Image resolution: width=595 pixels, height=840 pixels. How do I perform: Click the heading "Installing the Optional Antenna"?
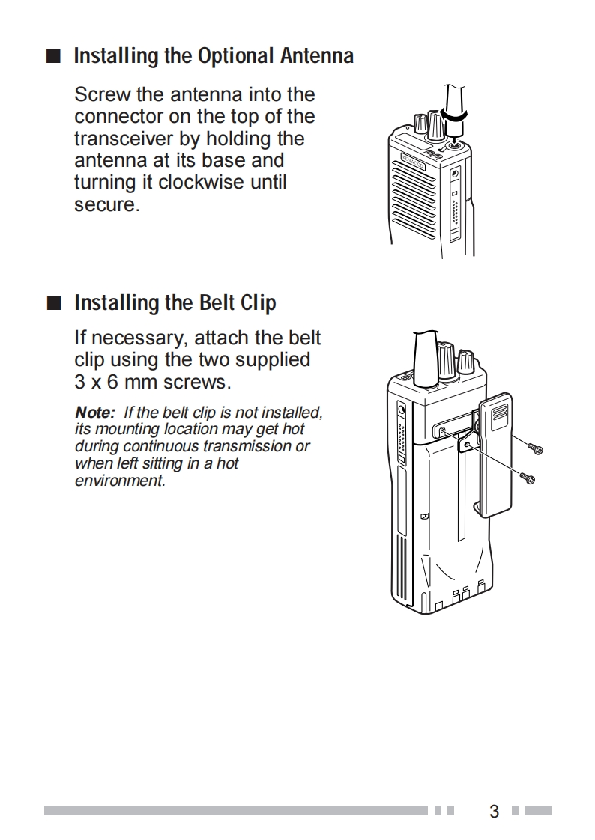coord(214,56)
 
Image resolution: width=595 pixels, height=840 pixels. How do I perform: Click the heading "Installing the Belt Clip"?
coord(175,303)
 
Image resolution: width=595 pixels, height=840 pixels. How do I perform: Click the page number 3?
coord(494,811)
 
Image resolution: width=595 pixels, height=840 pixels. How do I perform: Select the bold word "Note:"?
coord(95,413)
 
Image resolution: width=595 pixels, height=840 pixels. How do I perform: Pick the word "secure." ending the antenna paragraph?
coord(107,204)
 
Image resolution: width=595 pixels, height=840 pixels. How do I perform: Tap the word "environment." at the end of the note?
coord(120,481)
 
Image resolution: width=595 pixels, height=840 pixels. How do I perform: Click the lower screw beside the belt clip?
coord(528,477)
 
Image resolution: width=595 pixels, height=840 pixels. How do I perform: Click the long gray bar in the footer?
coord(235,810)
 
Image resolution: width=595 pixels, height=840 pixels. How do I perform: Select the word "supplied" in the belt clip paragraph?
coord(273,360)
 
